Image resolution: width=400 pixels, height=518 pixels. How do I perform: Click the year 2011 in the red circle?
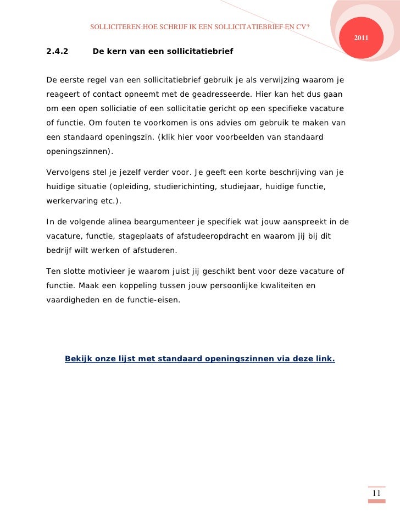coord(361,37)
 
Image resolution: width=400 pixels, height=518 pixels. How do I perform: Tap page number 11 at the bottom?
coord(376,493)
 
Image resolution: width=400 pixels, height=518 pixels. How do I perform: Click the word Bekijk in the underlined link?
coord(79,359)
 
